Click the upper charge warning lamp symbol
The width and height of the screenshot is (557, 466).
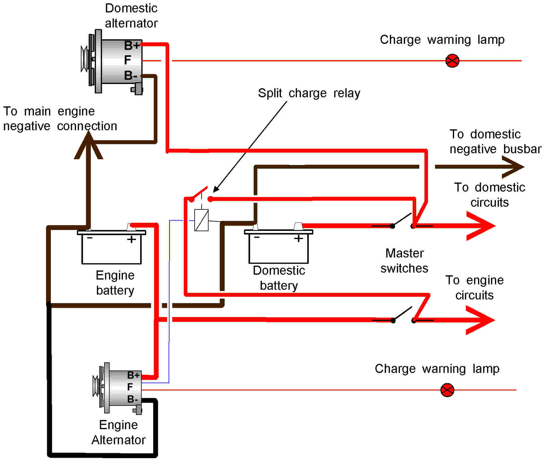452,61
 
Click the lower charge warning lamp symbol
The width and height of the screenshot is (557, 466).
447,390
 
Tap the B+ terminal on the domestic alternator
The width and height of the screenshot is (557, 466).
132,46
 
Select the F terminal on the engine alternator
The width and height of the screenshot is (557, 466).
130,387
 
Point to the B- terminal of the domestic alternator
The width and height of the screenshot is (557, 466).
131,76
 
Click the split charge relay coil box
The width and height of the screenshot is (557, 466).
201,220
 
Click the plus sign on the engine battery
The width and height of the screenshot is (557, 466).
131,240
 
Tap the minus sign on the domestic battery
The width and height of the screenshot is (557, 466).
257,238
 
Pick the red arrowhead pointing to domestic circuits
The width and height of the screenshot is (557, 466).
481,226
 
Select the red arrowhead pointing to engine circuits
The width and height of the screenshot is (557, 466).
481,320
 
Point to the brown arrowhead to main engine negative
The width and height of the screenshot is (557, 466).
88,147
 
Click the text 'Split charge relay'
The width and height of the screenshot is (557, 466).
309,93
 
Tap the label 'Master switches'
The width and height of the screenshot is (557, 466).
404,261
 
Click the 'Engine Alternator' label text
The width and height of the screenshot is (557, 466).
118,432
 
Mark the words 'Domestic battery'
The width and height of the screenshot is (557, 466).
279,278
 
